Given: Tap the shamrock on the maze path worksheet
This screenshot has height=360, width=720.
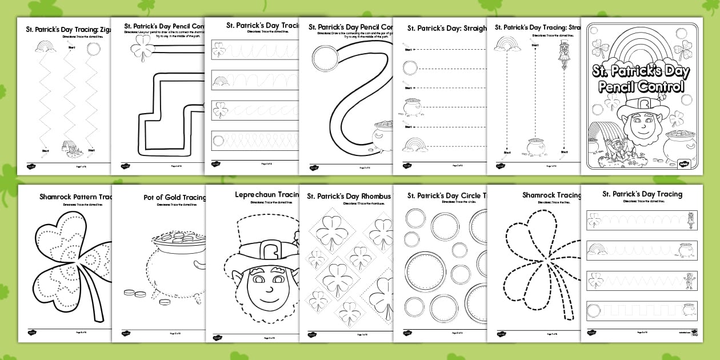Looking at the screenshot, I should (142, 49).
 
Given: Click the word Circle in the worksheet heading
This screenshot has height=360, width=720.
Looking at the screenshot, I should (469, 196).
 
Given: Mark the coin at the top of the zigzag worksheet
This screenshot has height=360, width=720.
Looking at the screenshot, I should (93, 50).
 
